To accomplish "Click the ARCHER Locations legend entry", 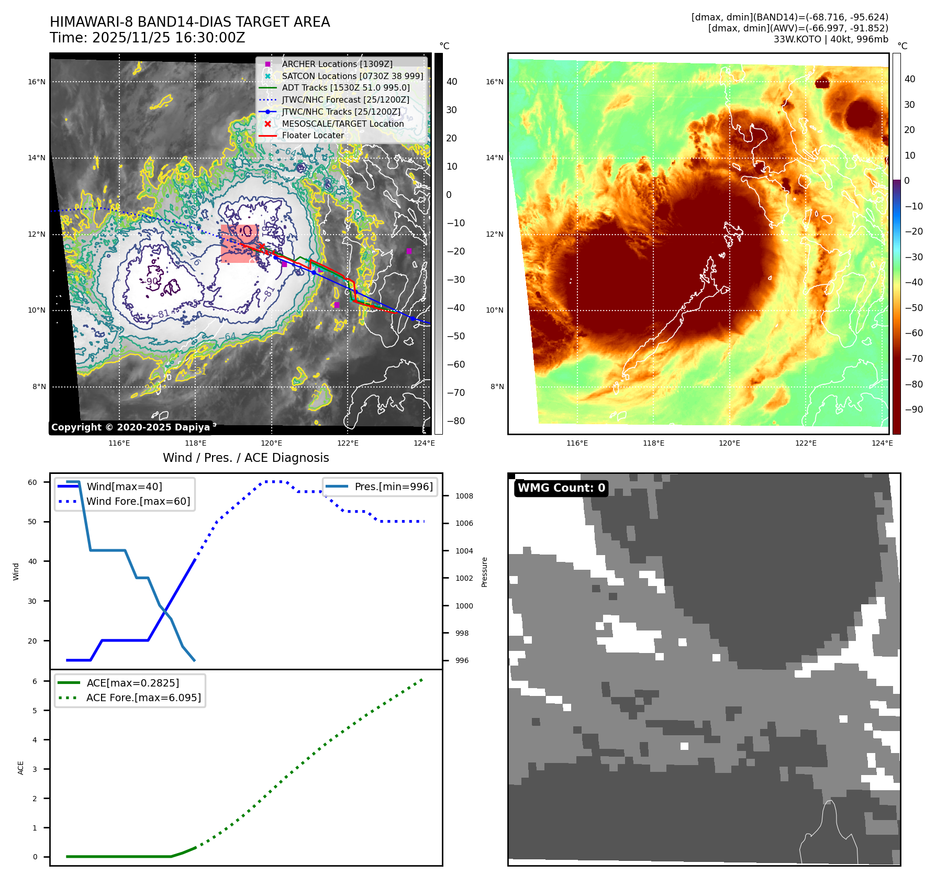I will click(337, 64).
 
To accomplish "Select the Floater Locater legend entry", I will click(313, 135).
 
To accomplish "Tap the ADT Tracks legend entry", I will click(346, 87).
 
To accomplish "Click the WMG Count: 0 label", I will click(561, 488).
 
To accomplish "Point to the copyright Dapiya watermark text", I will click(130, 427).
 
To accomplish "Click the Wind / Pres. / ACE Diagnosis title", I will click(246, 458).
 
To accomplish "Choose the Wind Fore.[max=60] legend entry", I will click(138, 501).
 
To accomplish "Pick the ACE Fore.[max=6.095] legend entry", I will click(143, 698).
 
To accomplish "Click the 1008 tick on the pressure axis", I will click(464, 496).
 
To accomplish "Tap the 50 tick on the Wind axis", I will click(32, 522).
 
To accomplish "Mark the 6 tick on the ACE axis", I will click(35, 681).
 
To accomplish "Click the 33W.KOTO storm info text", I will click(830, 39).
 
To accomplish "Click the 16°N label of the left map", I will click(37, 82).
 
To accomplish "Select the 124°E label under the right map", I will click(882, 443).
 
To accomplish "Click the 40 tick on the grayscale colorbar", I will click(452, 82).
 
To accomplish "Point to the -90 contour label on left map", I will click(151, 282).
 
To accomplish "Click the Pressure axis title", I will click(484, 572).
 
